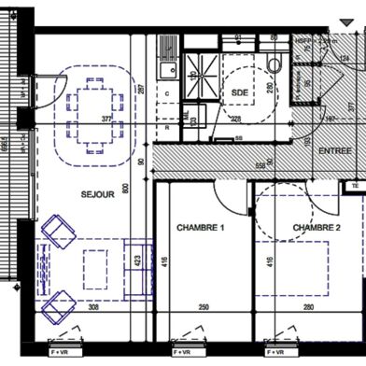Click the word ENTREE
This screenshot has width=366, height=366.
pos(336,151)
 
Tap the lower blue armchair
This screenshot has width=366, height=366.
pos(58,301)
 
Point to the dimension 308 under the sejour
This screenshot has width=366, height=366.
pos(92,307)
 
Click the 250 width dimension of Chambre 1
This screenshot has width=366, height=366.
pos(203,307)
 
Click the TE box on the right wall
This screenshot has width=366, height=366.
pos(356,186)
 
